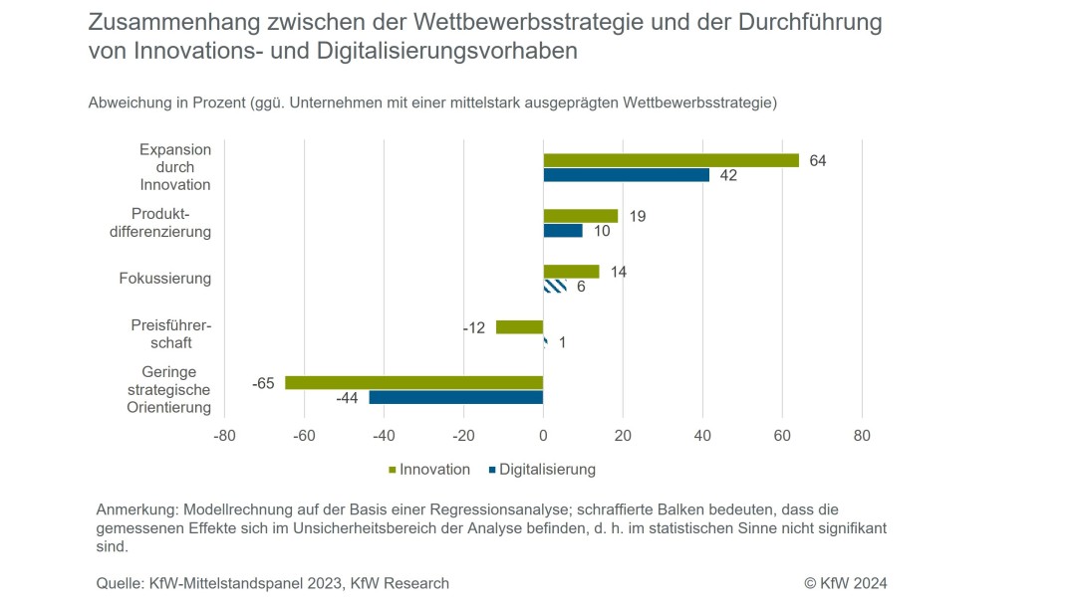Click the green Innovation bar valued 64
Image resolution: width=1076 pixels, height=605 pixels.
point(671,160)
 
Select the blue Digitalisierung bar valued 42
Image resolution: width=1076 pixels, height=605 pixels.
point(626,175)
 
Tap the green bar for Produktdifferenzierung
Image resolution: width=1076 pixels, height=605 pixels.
point(580,216)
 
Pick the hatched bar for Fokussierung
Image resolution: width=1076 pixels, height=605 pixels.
point(555,287)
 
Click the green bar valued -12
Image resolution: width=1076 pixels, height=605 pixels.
point(519,326)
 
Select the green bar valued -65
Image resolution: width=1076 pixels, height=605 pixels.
point(413,382)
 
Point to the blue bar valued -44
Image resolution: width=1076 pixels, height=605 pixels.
point(455,397)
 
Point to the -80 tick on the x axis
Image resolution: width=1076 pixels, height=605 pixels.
point(225,436)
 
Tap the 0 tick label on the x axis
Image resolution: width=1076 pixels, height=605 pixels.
point(543,436)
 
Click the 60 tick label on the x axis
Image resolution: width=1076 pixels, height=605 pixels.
point(782,436)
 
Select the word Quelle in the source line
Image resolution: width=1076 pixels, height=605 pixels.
point(120,583)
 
